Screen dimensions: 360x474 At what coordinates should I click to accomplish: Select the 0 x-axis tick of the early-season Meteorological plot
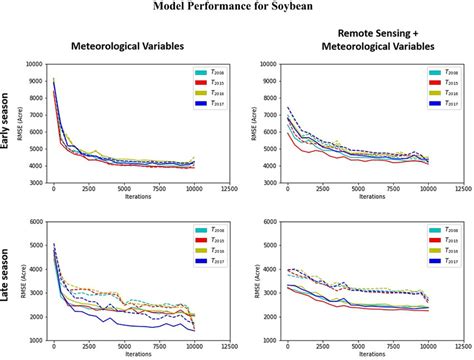[53, 190]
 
